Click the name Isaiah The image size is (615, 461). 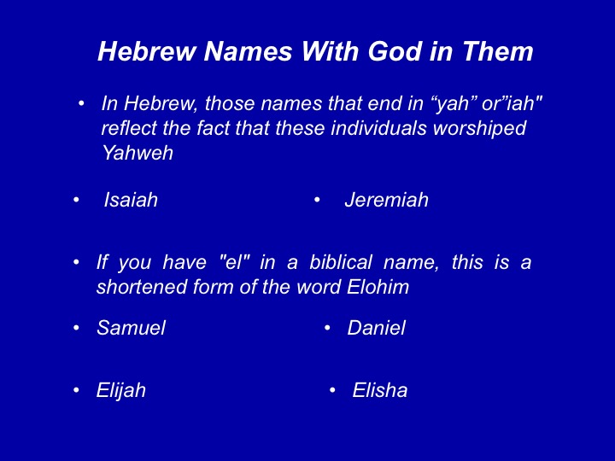point(131,200)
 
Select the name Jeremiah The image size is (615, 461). point(387,200)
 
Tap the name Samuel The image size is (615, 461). point(131,328)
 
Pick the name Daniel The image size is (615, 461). point(376,328)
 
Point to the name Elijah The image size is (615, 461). point(120,391)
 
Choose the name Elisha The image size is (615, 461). point(379,390)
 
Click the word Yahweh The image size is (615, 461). point(138,153)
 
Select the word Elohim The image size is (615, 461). point(378,287)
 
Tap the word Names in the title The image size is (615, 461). point(248,51)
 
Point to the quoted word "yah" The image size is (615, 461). point(451,104)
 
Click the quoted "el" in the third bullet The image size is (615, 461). point(233,261)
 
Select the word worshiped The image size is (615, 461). point(479,129)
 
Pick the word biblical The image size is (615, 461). point(341,262)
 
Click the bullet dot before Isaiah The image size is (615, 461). point(76,200)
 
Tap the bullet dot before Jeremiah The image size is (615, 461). point(317,200)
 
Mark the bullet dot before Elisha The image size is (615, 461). point(332,390)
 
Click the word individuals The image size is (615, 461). point(378,128)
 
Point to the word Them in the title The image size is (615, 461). point(498,51)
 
